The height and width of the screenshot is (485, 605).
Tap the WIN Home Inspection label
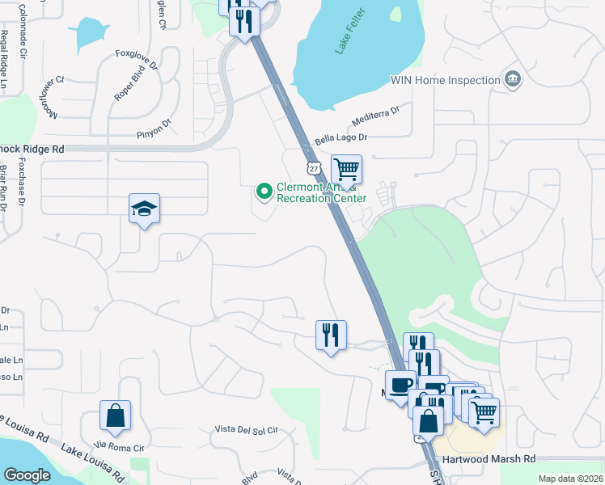(x=444, y=80)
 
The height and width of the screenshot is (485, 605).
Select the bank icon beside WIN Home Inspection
(x=511, y=79)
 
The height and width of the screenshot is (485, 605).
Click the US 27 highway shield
(x=314, y=167)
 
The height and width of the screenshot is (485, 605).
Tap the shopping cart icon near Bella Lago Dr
(x=346, y=170)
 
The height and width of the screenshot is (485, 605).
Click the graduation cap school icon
(x=145, y=209)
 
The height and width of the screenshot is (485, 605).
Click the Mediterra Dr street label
(x=376, y=118)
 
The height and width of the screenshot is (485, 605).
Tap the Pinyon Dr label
(x=154, y=127)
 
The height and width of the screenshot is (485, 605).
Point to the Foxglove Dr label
(x=137, y=59)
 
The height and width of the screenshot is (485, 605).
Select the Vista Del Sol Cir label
(x=246, y=429)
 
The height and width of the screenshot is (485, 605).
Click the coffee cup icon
(x=400, y=384)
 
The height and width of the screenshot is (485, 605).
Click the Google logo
(x=27, y=475)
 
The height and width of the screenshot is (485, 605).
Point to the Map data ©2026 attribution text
(x=569, y=479)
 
